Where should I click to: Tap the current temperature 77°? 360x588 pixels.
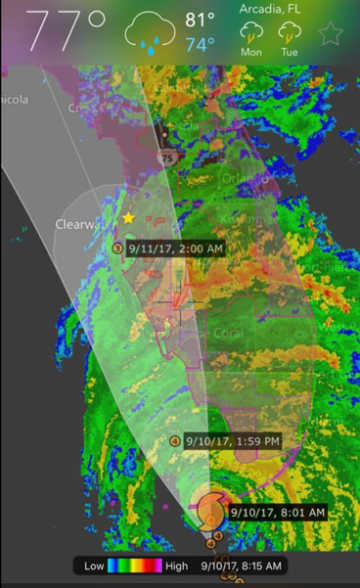tap(67, 31)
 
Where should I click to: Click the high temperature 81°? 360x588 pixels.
tap(200, 20)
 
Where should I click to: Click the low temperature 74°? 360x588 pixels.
tap(200, 45)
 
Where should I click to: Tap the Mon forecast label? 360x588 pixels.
tap(251, 51)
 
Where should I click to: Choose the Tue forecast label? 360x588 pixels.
tap(290, 51)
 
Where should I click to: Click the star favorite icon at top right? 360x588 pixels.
tap(332, 34)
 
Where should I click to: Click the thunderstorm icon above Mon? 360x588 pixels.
tap(251, 32)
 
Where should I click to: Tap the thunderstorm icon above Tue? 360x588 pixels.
tap(290, 32)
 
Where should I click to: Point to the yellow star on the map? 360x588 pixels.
tap(128, 218)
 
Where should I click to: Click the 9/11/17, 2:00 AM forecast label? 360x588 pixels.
tap(175, 249)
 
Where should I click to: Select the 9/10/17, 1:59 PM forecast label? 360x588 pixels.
tap(233, 441)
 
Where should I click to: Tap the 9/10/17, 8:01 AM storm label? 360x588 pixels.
tap(277, 511)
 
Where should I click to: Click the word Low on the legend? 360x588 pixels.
tap(95, 566)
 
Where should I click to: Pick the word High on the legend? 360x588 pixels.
tap(177, 566)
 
